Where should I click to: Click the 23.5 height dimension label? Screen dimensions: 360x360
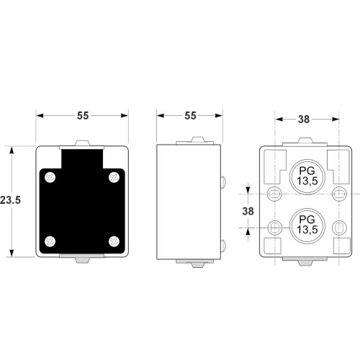tap(10, 200)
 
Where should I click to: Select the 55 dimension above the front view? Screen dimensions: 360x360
tap(83, 116)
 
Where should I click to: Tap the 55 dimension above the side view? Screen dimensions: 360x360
tap(190, 116)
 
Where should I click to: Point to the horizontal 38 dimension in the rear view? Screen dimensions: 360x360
tap(304, 120)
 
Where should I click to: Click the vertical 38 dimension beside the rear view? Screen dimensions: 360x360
tap(248, 211)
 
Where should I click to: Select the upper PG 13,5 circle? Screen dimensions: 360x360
tap(307, 177)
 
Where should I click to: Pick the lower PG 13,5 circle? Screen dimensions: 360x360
tap(307, 226)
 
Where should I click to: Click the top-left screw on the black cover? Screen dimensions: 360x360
tap(50, 178)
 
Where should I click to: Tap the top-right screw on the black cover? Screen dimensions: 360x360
tap(114, 178)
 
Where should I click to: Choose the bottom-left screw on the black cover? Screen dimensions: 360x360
tap(50, 241)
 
